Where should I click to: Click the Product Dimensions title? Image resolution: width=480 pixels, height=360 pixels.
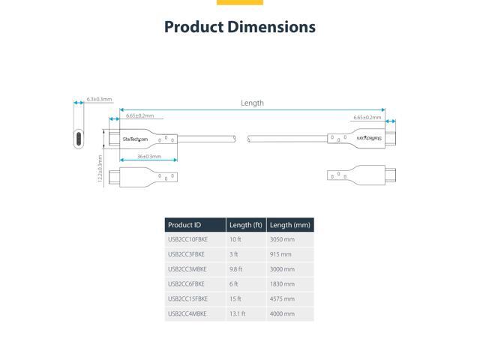240,27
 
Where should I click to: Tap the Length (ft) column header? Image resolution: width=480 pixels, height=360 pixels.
246,225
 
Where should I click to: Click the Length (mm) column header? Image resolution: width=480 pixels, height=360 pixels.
290,225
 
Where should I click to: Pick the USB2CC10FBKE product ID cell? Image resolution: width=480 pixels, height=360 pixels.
187,239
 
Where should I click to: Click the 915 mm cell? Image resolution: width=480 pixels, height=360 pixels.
280,254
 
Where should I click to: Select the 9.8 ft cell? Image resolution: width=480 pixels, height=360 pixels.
235,269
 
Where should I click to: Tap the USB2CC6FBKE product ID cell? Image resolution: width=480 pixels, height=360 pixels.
186,284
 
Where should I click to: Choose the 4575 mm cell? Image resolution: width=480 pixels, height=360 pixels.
282,298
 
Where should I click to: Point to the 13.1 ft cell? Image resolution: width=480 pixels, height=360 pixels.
237,313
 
